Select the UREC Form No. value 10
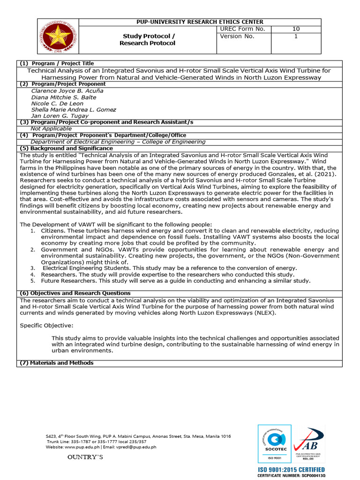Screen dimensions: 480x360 (x=296, y=29)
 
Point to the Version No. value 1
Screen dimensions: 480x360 (x=296, y=36)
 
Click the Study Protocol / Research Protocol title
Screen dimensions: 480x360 (x=148, y=40)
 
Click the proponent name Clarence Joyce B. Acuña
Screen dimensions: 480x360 (x=67, y=91)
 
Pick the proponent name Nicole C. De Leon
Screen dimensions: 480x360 (x=57, y=103)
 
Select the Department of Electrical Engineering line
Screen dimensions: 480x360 (x=118, y=142)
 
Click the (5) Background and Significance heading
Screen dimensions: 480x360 (x=66, y=148)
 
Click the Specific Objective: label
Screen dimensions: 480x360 (x=46, y=325)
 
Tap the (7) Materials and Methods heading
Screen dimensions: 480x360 (x=56, y=363)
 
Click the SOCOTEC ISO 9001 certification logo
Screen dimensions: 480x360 (x=274, y=443)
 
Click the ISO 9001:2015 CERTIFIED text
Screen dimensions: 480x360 (x=291, y=470)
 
